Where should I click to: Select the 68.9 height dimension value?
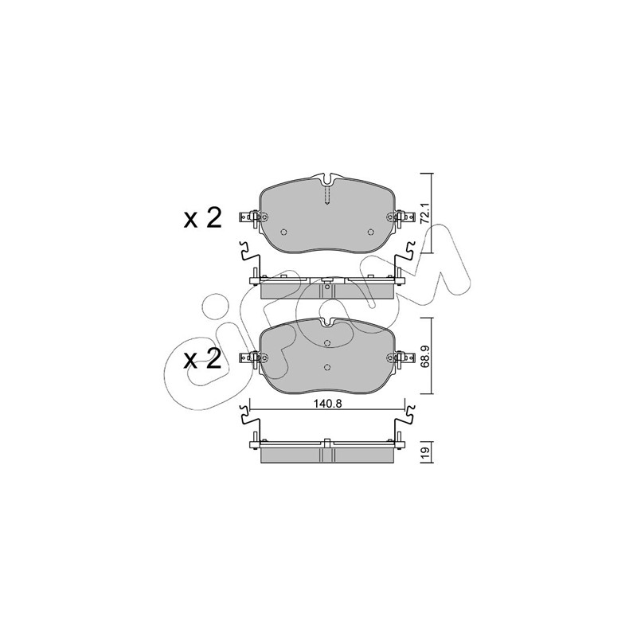tap(425, 355)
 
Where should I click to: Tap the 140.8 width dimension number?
tap(328, 404)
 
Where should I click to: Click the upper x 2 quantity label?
tap(202, 218)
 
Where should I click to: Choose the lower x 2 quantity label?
tap(202, 359)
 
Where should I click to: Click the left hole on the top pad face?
tap(284, 232)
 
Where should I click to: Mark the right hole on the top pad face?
tap(370, 232)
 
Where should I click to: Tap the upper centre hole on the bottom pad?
tap(327, 343)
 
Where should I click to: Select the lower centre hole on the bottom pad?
tap(327, 367)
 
